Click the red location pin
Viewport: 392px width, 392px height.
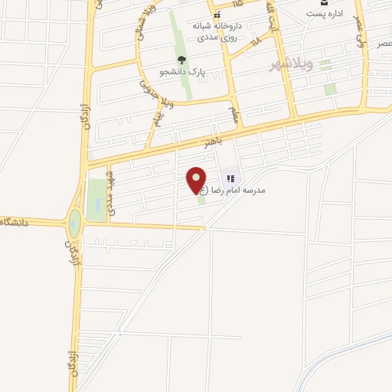click(198, 180)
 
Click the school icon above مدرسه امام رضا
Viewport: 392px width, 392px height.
click(230, 178)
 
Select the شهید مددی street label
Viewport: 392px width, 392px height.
click(111, 188)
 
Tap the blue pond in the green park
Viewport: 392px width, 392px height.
click(98, 205)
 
